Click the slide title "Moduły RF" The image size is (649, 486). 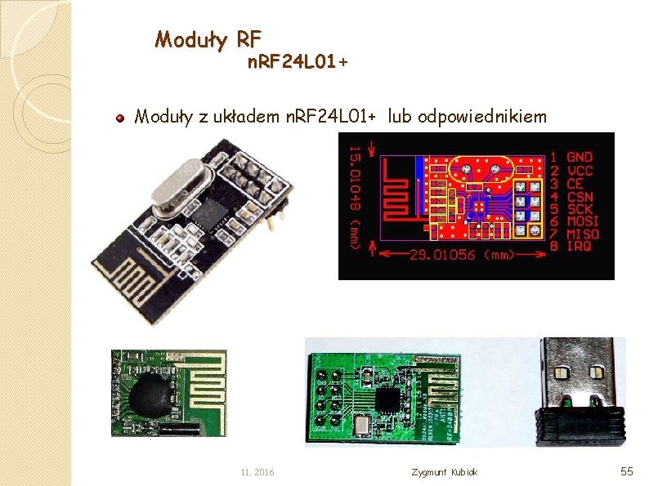click(x=208, y=38)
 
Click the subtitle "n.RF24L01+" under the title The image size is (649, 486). click(x=298, y=62)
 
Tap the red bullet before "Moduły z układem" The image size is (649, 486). click(x=119, y=118)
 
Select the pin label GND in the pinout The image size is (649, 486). click(x=580, y=156)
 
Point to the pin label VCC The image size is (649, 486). click(x=580, y=170)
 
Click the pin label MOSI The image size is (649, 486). click(x=583, y=221)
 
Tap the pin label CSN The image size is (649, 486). click(x=580, y=196)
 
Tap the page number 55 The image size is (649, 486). click(x=627, y=471)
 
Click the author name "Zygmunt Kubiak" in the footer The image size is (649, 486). click(x=445, y=472)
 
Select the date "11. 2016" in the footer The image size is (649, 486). click(x=257, y=472)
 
